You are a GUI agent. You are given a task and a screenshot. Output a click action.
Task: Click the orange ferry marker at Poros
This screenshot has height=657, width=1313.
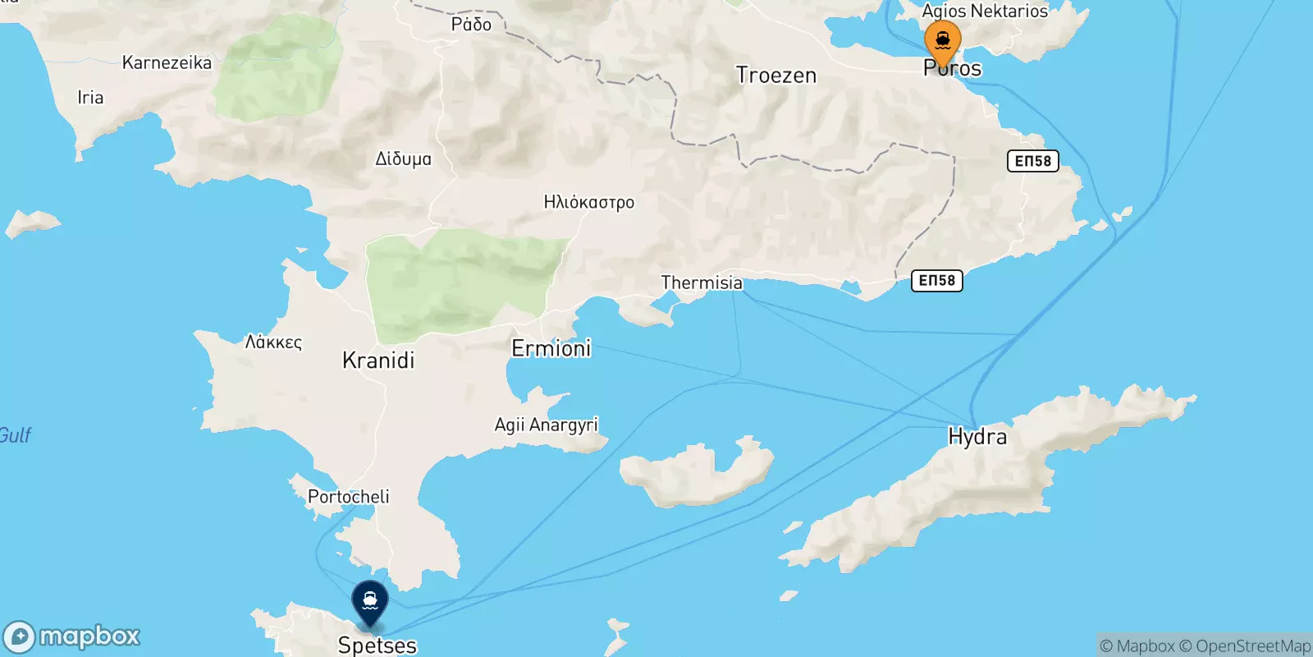942,42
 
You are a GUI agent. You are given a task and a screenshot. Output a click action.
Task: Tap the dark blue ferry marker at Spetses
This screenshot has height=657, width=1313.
370,602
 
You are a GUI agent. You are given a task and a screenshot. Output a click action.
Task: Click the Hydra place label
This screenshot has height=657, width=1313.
977,436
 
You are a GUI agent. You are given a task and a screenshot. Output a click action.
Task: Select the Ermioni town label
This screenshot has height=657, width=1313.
551,348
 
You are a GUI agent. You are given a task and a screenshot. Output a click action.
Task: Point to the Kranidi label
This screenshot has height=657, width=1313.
378,360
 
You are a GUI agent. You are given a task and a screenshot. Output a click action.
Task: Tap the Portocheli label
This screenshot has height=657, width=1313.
349,496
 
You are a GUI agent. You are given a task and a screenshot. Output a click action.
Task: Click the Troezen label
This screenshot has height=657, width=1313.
776,76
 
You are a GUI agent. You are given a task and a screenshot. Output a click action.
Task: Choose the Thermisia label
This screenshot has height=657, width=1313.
702,283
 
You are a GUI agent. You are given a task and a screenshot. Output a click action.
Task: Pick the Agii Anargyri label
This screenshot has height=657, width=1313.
546,425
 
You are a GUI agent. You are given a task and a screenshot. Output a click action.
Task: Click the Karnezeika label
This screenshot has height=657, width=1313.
167,62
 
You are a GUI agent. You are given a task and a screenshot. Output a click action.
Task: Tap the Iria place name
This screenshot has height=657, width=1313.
90,97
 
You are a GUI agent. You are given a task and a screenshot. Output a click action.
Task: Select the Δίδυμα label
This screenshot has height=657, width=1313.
403,159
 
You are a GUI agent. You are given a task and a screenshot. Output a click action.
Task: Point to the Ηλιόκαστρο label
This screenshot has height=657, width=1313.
589,202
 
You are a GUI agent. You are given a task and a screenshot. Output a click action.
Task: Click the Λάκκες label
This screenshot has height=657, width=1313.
273,342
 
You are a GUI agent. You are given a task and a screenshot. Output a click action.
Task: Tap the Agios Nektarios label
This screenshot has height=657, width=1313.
985,11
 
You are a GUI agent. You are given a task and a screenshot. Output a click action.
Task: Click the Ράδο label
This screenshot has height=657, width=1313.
471,25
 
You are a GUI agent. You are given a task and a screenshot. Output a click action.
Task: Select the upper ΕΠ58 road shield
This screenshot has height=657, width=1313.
1032,161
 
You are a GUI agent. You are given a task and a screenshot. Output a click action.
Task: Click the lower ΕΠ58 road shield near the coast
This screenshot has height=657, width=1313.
936,281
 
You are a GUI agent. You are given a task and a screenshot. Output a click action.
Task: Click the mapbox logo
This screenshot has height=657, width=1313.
72,636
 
